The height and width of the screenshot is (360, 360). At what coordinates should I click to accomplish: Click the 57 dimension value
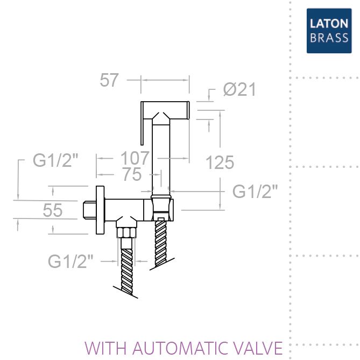(x=109, y=80)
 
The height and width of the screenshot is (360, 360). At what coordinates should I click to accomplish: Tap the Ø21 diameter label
(x=239, y=89)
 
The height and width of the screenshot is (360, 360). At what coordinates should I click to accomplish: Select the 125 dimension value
(x=220, y=163)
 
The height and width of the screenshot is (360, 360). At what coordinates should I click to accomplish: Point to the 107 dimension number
(x=135, y=158)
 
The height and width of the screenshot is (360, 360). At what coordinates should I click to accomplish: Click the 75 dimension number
(x=132, y=174)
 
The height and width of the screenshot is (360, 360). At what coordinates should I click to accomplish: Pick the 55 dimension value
(x=53, y=210)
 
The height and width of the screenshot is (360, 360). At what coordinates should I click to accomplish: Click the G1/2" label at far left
(x=55, y=160)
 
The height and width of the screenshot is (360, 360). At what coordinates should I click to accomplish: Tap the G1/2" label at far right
(x=255, y=191)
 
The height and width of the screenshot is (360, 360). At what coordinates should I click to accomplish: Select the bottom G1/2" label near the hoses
(x=70, y=262)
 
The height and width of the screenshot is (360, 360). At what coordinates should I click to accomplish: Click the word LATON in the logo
(x=329, y=24)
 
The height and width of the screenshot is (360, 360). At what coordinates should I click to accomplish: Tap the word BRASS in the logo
(x=329, y=38)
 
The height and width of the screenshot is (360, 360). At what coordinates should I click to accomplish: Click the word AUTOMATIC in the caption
(x=180, y=348)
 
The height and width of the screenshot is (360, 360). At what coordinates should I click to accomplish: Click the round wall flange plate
(x=100, y=210)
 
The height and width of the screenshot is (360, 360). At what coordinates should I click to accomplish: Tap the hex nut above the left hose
(x=126, y=232)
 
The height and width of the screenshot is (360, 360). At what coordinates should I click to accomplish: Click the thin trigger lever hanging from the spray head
(x=142, y=123)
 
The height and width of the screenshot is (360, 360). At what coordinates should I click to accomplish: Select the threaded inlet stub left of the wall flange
(x=89, y=210)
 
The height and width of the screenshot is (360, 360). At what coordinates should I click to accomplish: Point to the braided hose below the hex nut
(x=127, y=271)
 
